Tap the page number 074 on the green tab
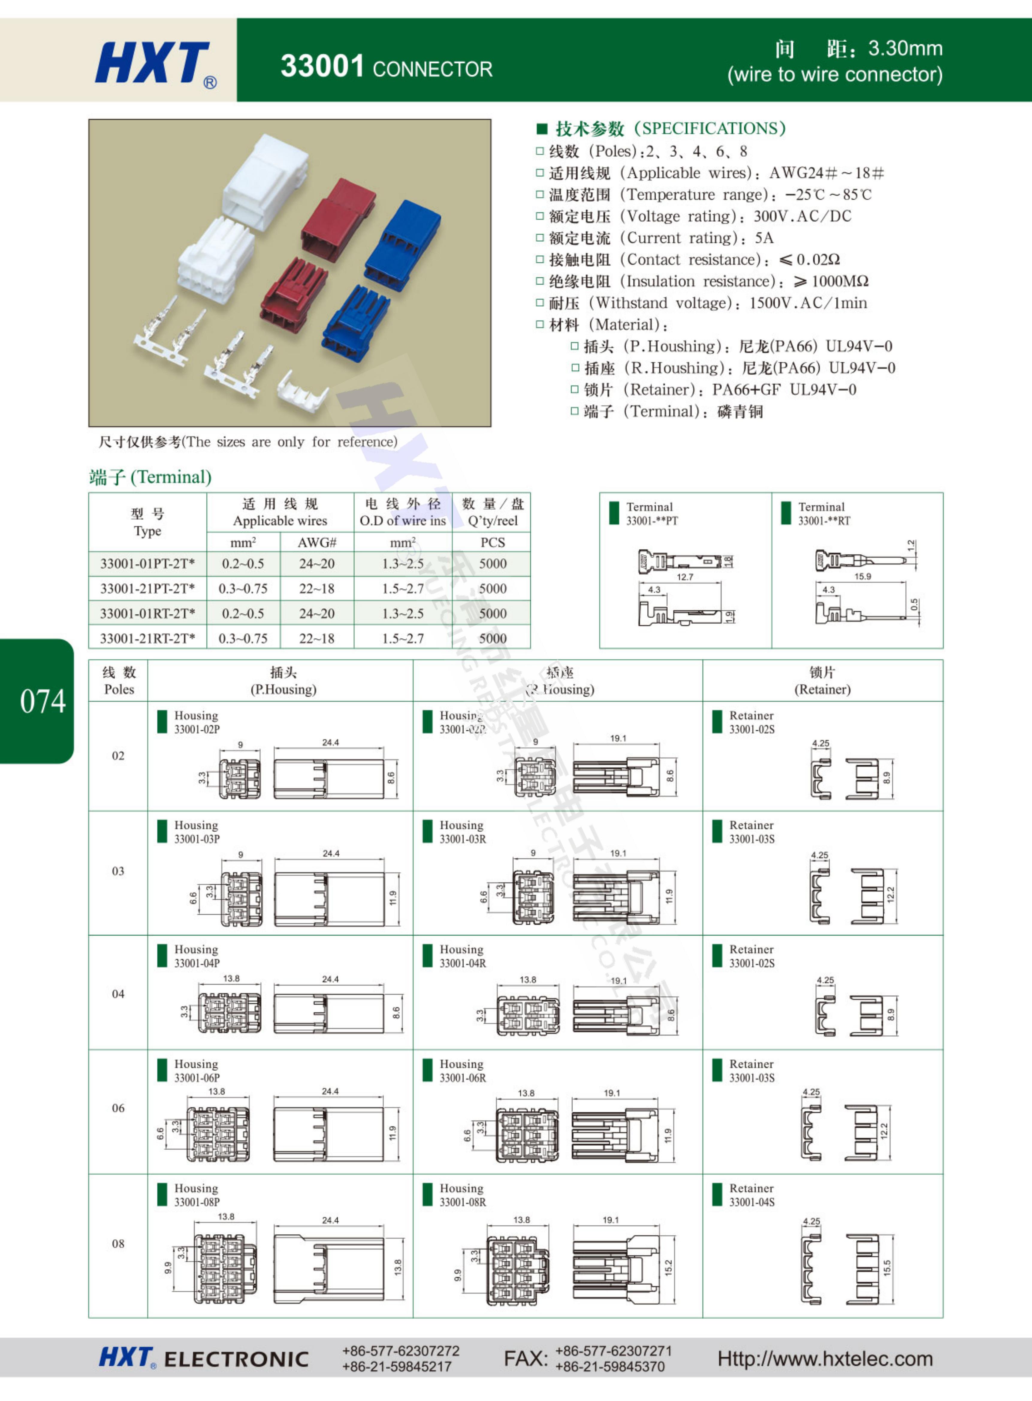tap(43, 701)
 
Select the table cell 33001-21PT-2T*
tap(147, 588)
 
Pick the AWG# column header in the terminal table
tap(317, 542)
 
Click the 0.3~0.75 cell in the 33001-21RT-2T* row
tap(243, 638)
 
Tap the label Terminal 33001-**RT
tap(823, 513)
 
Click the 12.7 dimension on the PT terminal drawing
tap(685, 577)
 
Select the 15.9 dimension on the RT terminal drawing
tap(862, 576)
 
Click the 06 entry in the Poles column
tap(118, 1108)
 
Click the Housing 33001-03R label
tap(462, 831)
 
